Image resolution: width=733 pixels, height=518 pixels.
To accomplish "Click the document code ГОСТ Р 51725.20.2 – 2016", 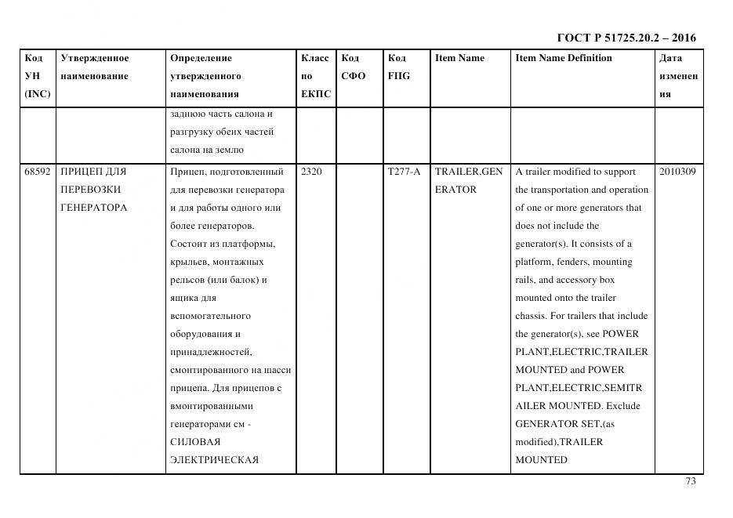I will (x=626, y=38).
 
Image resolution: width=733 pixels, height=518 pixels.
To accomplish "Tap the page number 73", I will (x=690, y=481).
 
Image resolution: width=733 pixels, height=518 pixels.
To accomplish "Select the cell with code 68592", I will (x=37, y=171).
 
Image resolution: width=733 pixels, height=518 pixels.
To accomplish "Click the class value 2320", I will (x=311, y=171).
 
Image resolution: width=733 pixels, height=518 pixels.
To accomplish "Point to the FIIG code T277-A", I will (x=404, y=171).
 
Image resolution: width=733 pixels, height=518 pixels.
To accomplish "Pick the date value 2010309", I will (x=677, y=171).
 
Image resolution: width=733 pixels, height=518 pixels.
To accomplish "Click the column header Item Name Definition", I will (x=564, y=58).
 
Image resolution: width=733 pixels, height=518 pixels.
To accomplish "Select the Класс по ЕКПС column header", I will (x=315, y=76).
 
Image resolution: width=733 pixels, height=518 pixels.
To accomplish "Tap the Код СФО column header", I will (x=354, y=67).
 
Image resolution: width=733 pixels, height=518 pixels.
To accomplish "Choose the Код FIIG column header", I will (x=398, y=67).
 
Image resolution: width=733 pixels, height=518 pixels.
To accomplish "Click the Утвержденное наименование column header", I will (x=95, y=67).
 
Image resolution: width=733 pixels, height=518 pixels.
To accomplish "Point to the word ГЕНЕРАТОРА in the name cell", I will (x=93, y=208).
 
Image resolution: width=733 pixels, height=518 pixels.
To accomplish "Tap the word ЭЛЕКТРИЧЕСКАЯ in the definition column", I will (x=214, y=460).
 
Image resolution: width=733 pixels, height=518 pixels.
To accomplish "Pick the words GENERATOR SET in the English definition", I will (x=552, y=424).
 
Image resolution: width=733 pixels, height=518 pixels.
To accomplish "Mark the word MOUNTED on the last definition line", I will (x=541, y=460).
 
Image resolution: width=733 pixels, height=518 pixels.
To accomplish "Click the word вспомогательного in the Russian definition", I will (x=210, y=316).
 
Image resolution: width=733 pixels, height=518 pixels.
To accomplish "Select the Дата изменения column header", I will (x=678, y=76).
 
